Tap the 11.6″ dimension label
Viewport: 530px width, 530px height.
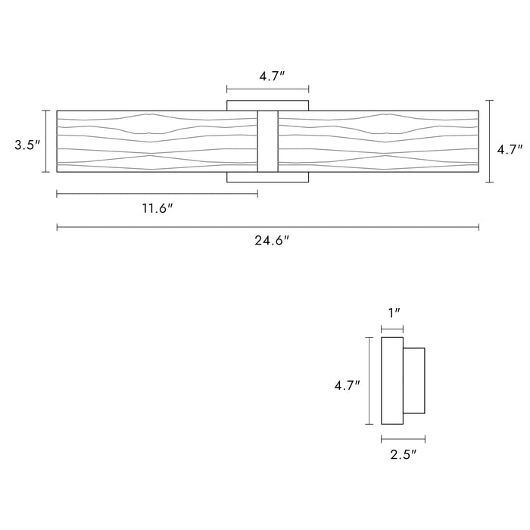click(x=157, y=208)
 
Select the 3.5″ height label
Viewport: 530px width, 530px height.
click(x=26, y=144)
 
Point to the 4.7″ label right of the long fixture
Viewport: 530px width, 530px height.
click(x=510, y=150)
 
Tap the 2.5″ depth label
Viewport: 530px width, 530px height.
click(x=403, y=454)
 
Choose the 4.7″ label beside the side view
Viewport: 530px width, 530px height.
click(x=347, y=385)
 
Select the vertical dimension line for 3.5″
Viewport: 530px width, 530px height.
click(x=46, y=142)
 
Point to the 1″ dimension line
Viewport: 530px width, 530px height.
click(x=391, y=329)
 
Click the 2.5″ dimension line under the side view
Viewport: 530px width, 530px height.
click(x=403, y=438)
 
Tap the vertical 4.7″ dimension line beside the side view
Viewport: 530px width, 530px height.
click(x=369, y=381)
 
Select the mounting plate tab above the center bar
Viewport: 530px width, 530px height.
click(x=267, y=104)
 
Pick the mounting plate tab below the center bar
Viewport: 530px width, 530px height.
click(x=267, y=178)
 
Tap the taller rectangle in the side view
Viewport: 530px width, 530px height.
click(x=391, y=381)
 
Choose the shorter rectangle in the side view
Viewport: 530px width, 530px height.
click(x=413, y=381)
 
